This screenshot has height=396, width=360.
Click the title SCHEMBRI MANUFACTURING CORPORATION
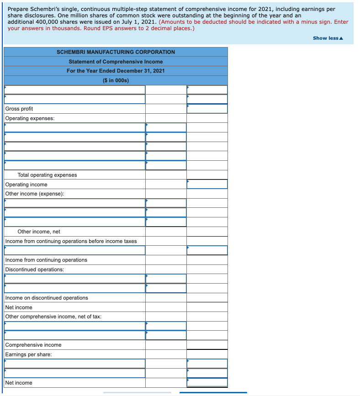(116, 52)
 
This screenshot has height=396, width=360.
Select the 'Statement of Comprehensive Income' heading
(116, 62)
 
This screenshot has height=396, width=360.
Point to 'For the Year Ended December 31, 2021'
(116, 71)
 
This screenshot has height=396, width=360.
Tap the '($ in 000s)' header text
(116, 80)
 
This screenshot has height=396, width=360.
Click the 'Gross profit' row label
(19, 109)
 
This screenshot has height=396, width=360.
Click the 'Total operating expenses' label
(47, 175)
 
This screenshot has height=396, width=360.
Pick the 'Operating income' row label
(26, 185)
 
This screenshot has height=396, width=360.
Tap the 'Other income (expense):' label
(35, 194)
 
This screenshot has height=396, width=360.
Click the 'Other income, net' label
(39, 232)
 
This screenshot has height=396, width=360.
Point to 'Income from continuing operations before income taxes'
(71, 241)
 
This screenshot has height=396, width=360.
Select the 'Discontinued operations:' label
(35, 269)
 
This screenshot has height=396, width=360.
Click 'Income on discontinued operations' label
(47, 298)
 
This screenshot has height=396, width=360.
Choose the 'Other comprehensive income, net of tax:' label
(53, 317)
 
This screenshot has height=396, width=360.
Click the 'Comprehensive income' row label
(33, 345)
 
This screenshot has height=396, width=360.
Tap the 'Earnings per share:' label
(28, 354)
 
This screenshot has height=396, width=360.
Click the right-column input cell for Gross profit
(207, 109)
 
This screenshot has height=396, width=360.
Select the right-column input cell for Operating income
(207, 184)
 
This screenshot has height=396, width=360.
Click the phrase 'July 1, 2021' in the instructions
(134, 22)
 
